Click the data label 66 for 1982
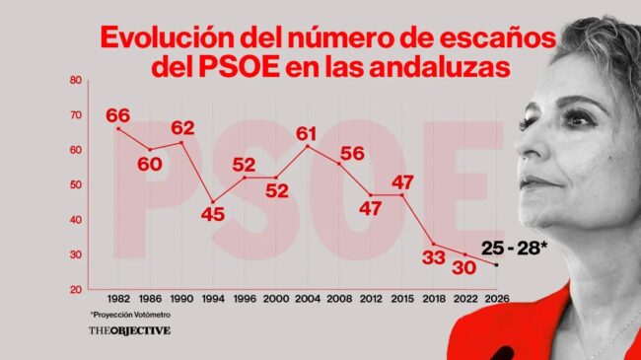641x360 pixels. tap(117, 116)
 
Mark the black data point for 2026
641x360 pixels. tap(495, 264)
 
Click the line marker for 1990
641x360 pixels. tap(181, 143)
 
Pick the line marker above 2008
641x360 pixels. tap(338, 164)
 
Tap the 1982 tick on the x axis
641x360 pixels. tap(118, 300)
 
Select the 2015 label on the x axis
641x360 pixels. tap(401, 300)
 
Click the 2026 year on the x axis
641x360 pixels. tap(495, 300)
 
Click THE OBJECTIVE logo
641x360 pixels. tap(129, 330)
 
